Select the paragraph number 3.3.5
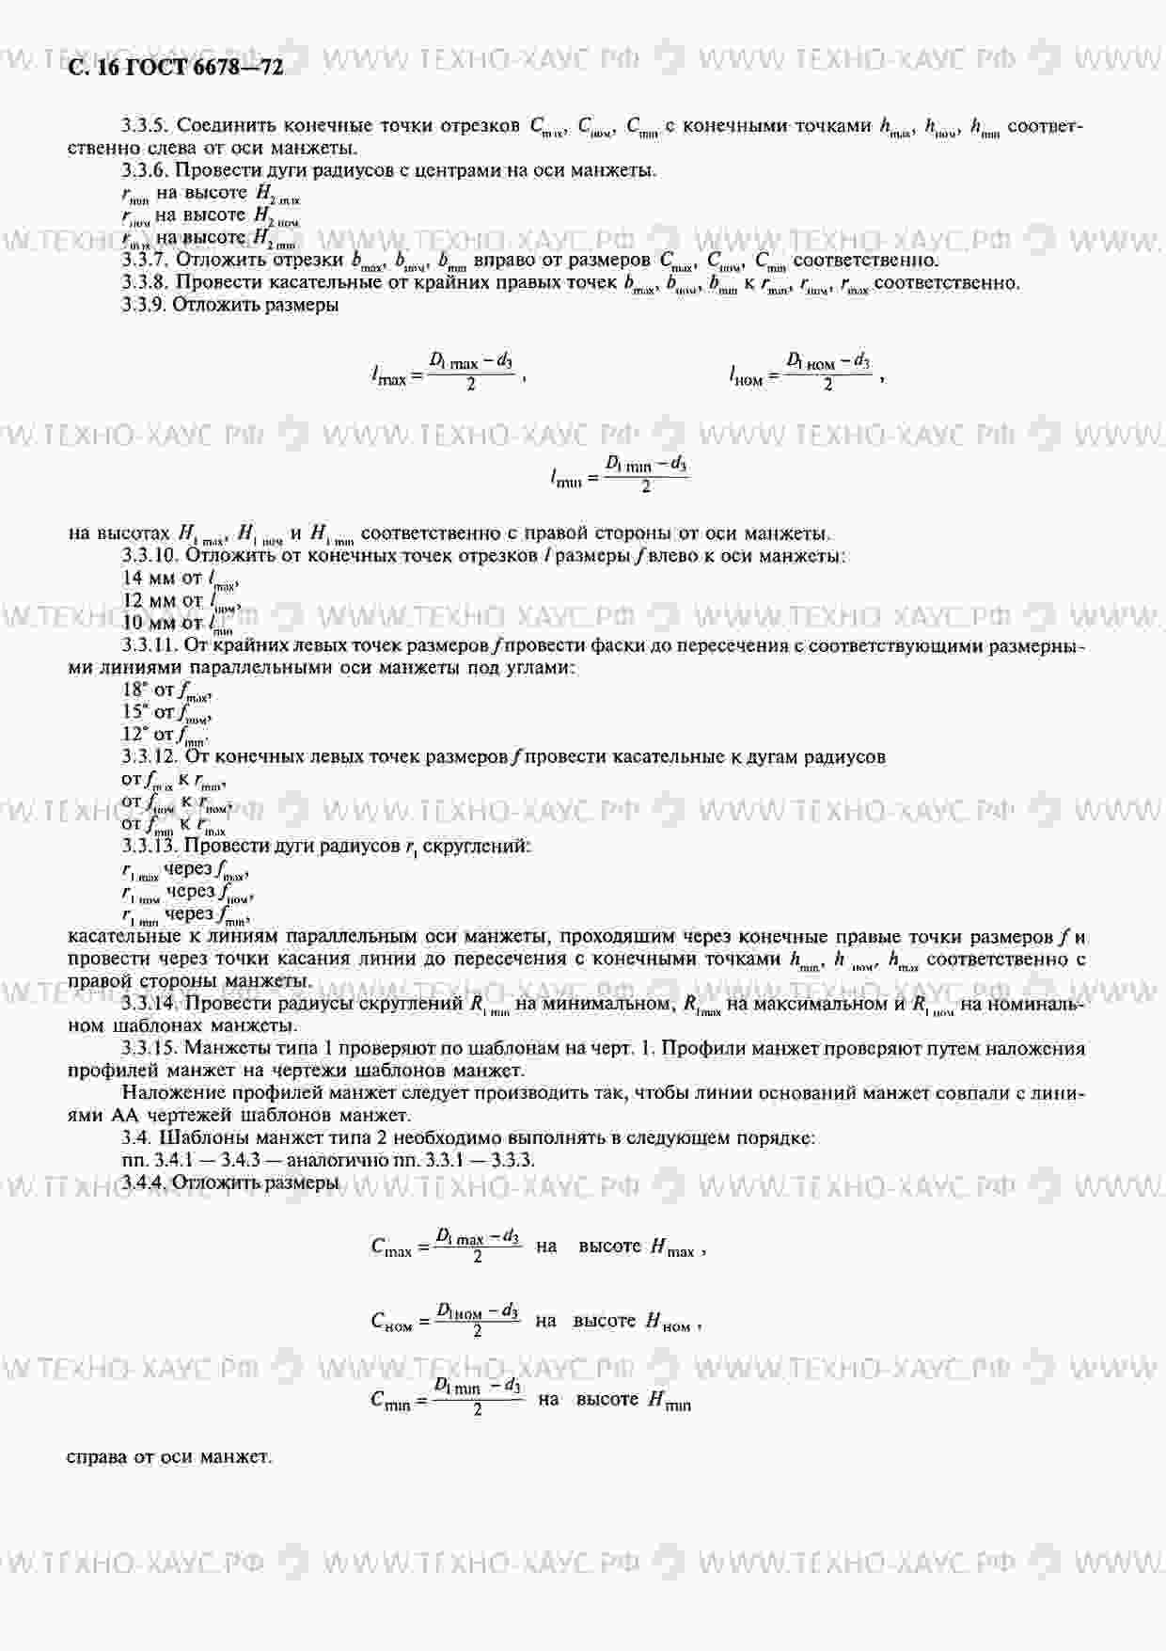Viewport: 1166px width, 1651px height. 146,125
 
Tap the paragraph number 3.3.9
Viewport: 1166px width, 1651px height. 146,305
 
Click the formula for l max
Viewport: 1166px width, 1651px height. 448,371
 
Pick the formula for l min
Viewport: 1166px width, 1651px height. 619,474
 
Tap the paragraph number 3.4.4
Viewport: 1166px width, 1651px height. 146,1183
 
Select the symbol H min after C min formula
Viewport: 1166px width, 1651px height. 669,1401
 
